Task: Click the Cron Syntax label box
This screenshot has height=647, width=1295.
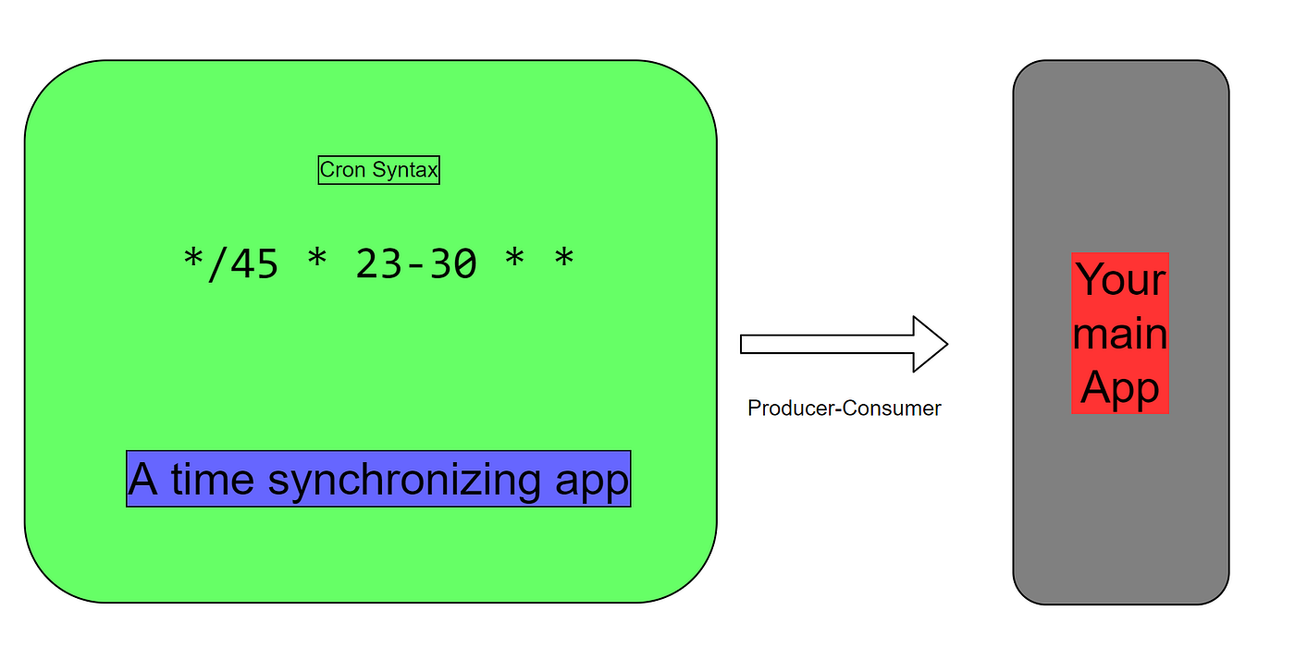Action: tap(378, 170)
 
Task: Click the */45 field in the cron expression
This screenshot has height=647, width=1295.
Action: tap(230, 263)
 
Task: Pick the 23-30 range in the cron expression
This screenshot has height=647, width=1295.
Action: tap(416, 264)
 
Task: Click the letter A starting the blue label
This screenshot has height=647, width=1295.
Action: tap(142, 479)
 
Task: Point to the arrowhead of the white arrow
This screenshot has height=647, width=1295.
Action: tap(930, 344)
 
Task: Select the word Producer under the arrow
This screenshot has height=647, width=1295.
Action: tap(791, 408)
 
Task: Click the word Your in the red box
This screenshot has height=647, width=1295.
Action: tap(1120, 279)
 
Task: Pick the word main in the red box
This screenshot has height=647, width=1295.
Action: tap(1120, 334)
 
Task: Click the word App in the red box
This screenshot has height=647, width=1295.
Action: tap(1120, 387)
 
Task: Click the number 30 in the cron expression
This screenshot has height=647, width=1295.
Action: tap(453, 264)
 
